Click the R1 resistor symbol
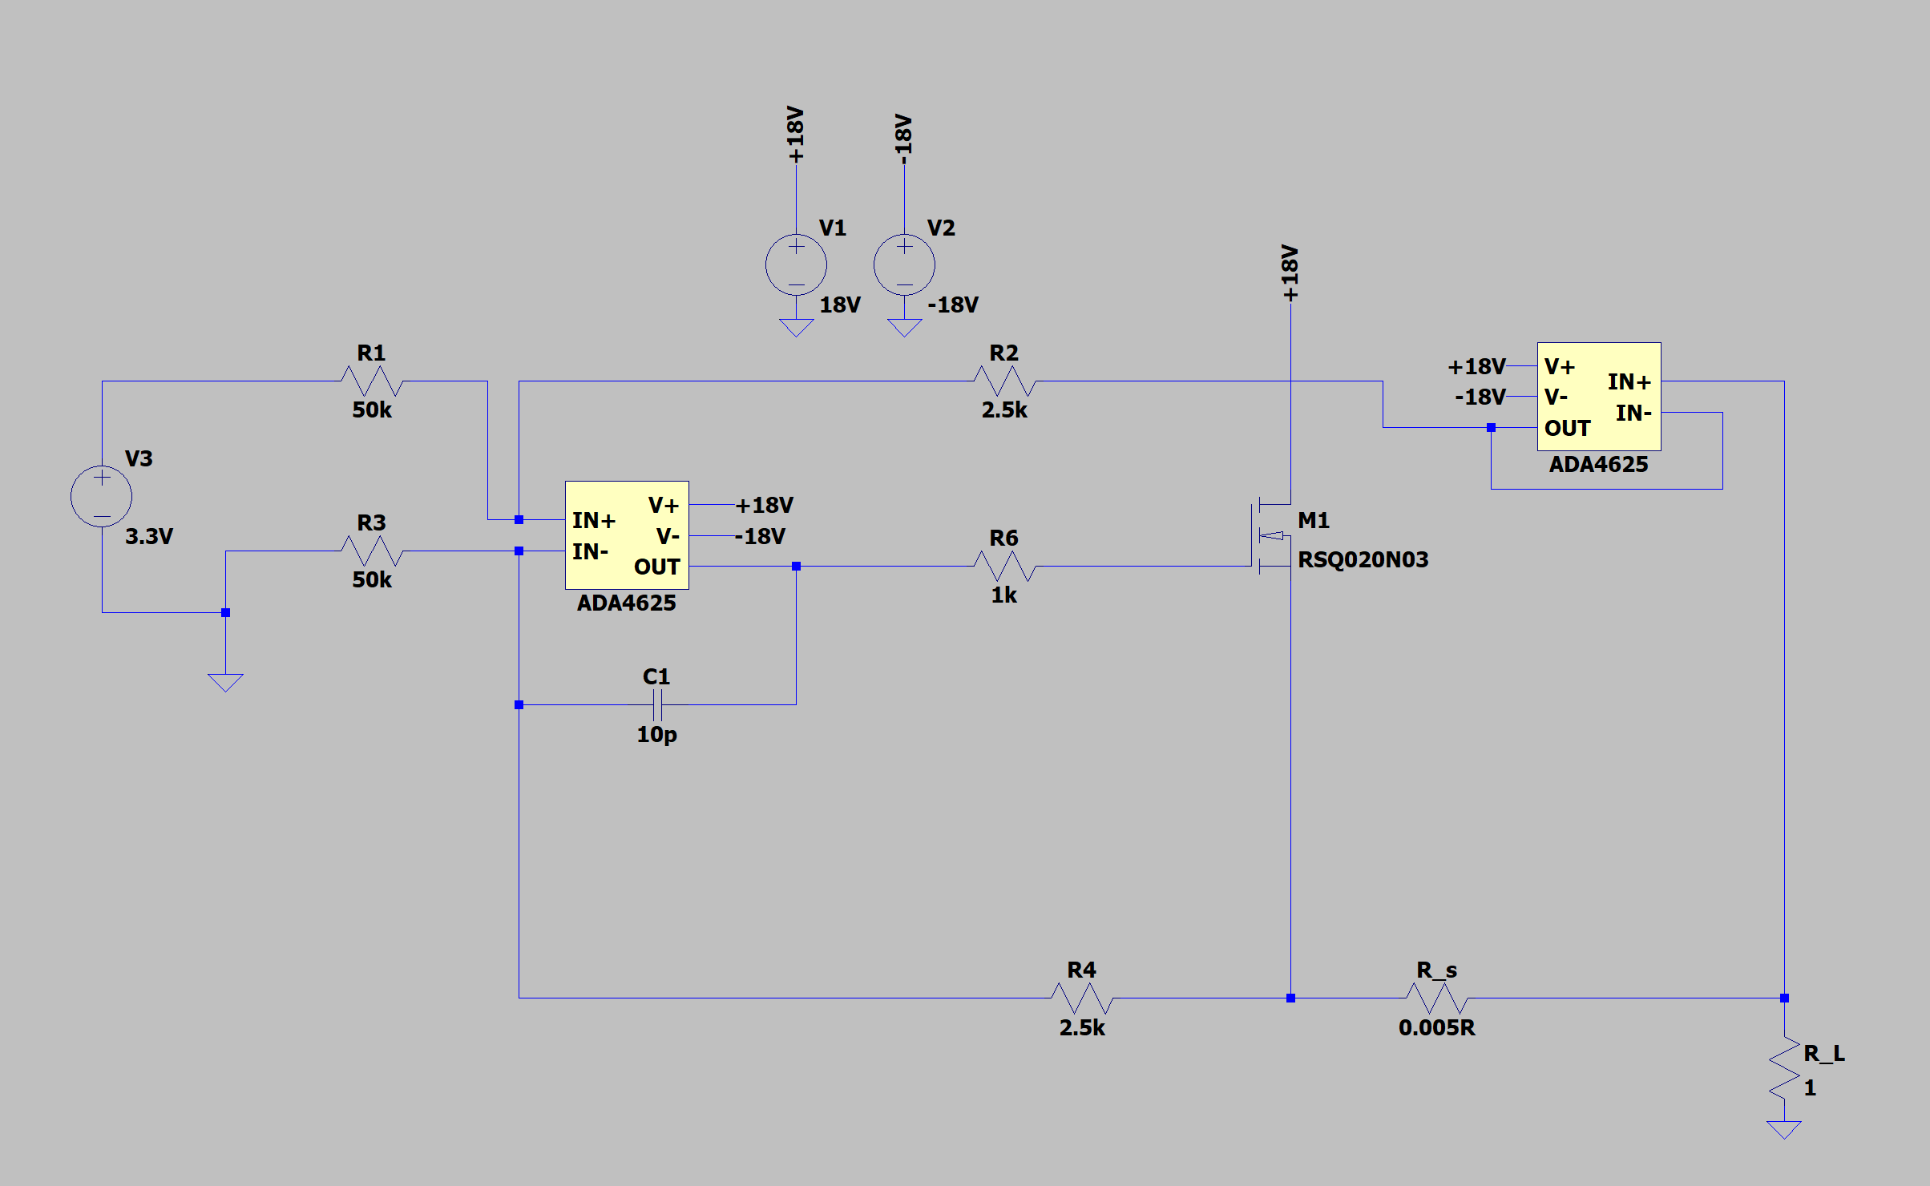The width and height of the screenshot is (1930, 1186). coord(372,381)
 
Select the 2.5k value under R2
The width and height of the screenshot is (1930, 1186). coord(1004,410)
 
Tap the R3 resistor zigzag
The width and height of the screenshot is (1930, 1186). coord(372,551)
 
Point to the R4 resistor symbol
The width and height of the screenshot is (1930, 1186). coord(1082,998)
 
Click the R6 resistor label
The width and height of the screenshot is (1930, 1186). coord(1003,538)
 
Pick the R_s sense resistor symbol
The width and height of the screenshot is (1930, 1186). coord(1437,998)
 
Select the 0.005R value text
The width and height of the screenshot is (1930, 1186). coord(1436,1027)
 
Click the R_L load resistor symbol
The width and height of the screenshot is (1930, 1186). coord(1784,1068)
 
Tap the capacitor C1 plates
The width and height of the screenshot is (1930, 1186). coord(657,704)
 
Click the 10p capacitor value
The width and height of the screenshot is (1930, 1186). coord(656,734)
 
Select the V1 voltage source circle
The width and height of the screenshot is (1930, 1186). coord(796,265)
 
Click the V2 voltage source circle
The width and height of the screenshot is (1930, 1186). coord(904,265)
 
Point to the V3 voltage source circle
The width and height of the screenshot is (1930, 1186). coord(102,496)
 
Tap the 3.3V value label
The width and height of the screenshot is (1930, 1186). coord(149,536)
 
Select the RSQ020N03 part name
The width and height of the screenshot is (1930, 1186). coord(1363,559)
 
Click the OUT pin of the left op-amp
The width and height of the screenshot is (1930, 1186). coord(656,567)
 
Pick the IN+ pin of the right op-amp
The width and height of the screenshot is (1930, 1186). coord(1629,381)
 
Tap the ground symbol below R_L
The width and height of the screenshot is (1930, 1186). coord(1784,1129)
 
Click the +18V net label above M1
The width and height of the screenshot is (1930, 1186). coord(1290,273)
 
